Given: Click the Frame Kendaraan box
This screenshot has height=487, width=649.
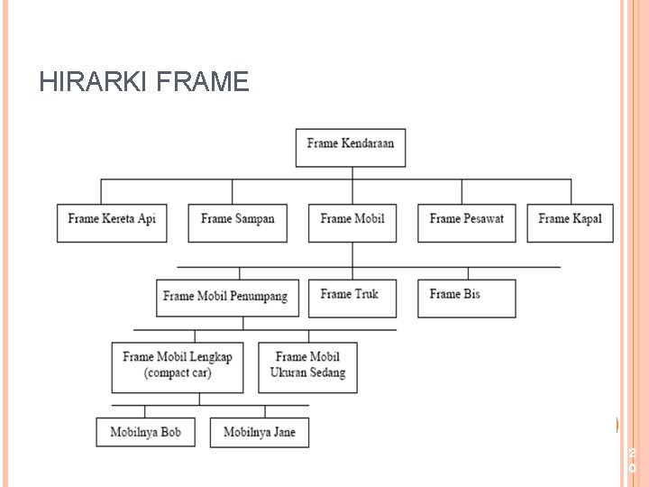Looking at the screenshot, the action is (351, 146).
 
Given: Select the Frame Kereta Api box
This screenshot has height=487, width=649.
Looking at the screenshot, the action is (112, 222).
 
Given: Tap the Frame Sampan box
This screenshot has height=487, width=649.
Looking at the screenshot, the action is (237, 222).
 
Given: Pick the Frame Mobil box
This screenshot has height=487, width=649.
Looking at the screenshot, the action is (352, 222).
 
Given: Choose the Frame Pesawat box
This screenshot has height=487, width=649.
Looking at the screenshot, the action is (466, 222).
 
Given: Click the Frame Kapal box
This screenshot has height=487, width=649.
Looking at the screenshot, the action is (570, 222).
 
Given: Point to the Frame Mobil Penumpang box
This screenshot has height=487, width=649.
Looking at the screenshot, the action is (226, 298).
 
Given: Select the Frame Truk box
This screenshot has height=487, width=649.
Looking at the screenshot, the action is (352, 298).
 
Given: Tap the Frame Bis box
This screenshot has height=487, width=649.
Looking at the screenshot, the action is (466, 298).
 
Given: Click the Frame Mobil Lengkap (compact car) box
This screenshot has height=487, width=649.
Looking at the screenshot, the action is (178, 366).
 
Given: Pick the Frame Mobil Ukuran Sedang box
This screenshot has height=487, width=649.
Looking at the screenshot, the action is (307, 366).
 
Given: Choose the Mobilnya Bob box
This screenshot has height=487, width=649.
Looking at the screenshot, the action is (145, 432).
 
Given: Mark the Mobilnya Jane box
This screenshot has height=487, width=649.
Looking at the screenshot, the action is (259, 432).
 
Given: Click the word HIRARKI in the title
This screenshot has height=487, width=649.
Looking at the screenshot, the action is (94, 83).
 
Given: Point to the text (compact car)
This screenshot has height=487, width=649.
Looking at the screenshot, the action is (178, 373).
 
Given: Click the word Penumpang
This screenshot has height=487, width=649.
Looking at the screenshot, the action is (258, 297).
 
